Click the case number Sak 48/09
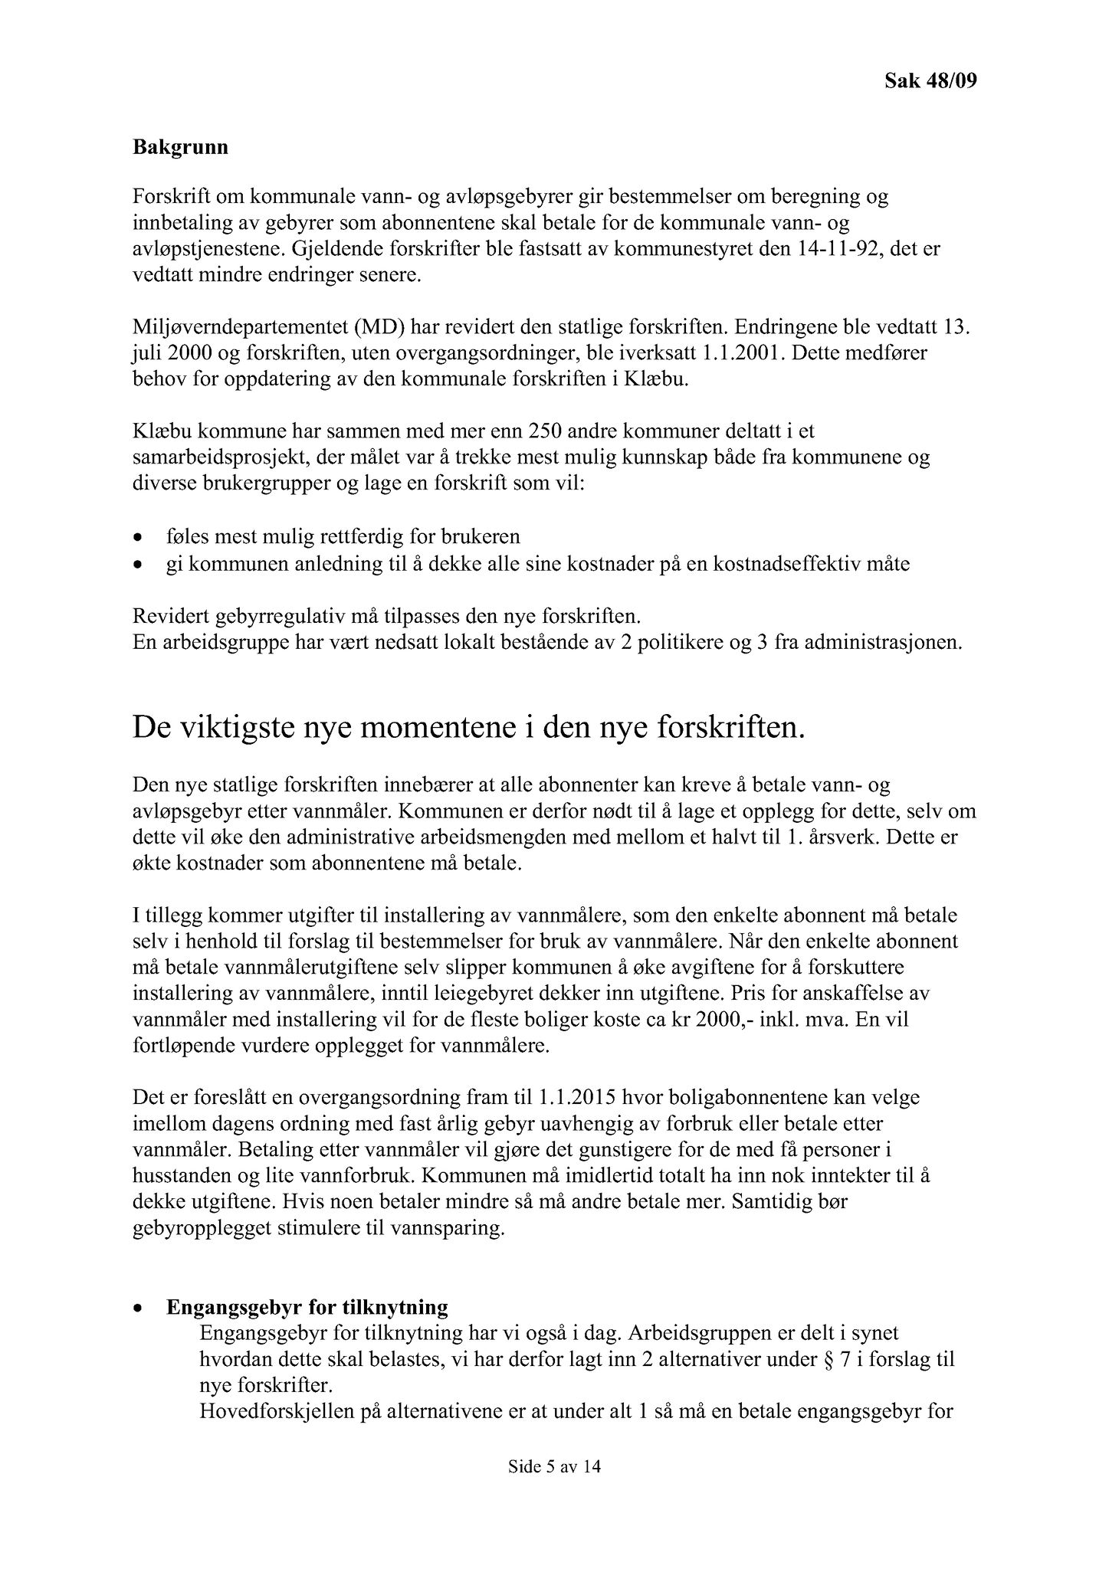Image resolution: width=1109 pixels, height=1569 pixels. [x=930, y=80]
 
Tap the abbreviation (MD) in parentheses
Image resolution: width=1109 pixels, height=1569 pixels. [x=379, y=329]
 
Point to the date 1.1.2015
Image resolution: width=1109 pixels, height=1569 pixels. [x=575, y=1098]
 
